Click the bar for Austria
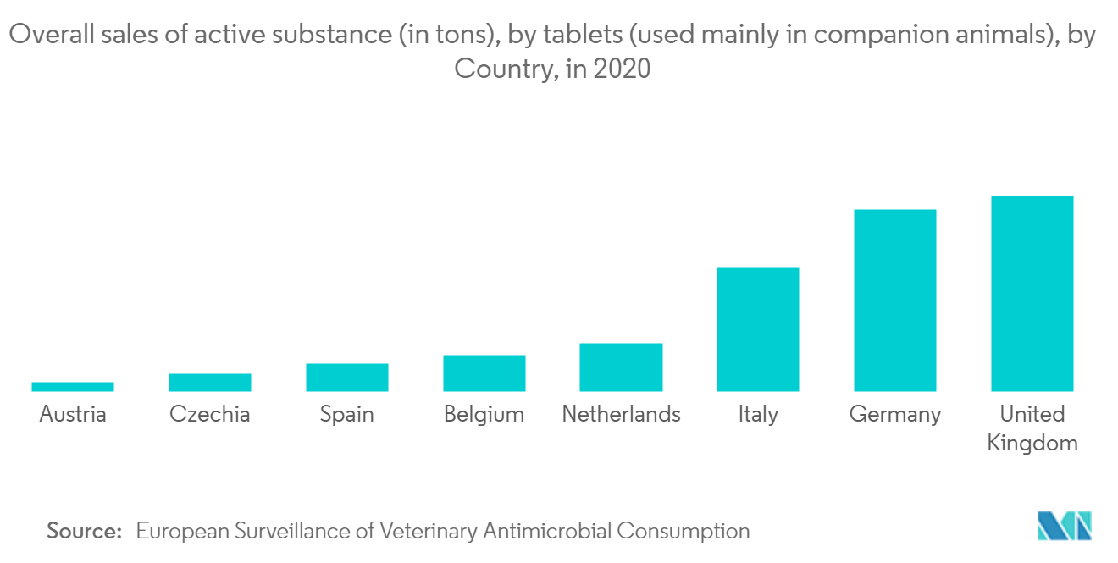(x=73, y=387)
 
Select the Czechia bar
(x=210, y=383)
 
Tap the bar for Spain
(x=347, y=378)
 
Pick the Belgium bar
(x=484, y=373)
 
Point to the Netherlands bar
(x=621, y=367)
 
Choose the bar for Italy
(x=758, y=329)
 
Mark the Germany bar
(x=895, y=301)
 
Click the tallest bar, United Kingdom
(x=1032, y=294)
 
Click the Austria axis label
(x=73, y=414)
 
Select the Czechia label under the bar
(x=210, y=414)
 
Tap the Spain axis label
(x=347, y=415)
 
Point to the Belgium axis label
(x=484, y=415)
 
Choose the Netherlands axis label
(x=621, y=414)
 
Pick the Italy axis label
(x=758, y=415)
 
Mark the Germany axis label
(x=895, y=415)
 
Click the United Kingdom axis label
(x=1032, y=428)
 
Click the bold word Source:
(x=85, y=531)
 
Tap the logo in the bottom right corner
(x=1065, y=526)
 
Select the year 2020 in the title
(x=622, y=69)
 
